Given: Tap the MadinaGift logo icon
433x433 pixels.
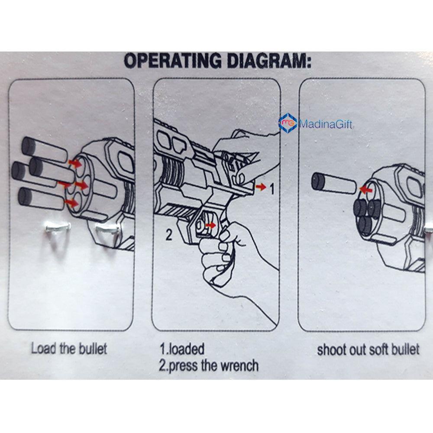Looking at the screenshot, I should click(288, 123).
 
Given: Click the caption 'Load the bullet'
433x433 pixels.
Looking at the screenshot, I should click(68, 349).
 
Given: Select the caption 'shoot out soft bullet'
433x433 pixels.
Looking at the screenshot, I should click(368, 349).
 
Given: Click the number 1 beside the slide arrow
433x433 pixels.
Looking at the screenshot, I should click(272, 189).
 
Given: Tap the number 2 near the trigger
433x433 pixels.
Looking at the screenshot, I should click(169, 235).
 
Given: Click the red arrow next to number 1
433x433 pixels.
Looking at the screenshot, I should click(261, 187).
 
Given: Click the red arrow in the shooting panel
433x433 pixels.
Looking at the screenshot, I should click(366, 189).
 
